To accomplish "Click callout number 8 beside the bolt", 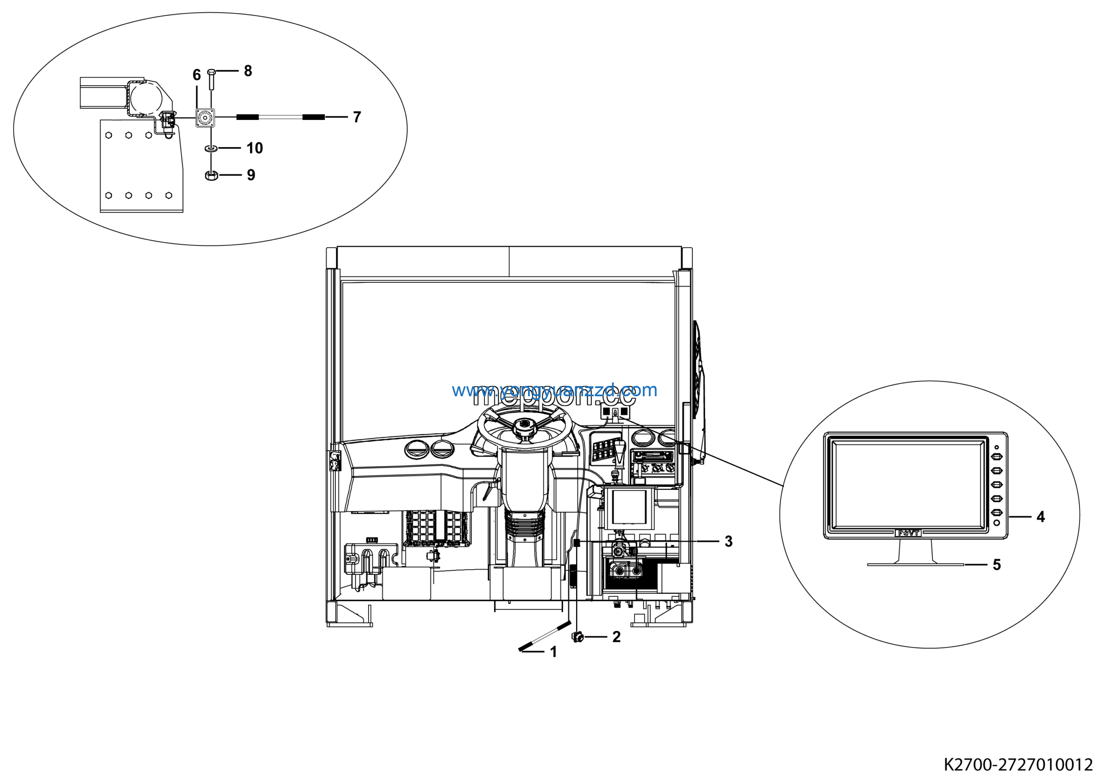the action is pyautogui.click(x=248, y=71).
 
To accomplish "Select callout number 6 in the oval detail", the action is pyautogui.click(x=197, y=75).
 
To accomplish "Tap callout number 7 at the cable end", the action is pyautogui.click(x=357, y=117).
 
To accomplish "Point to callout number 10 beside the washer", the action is pyautogui.click(x=255, y=148).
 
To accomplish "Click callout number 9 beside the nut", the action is pyautogui.click(x=251, y=175).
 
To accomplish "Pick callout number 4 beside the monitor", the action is pyautogui.click(x=1041, y=517).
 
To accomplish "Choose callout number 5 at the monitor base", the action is pyautogui.click(x=997, y=565).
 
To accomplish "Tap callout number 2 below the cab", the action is pyautogui.click(x=616, y=637).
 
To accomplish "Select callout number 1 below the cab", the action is pyautogui.click(x=554, y=652).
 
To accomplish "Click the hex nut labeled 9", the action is pyautogui.click(x=211, y=175).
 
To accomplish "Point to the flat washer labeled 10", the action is pyautogui.click(x=211, y=148).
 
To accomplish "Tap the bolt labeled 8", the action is pyautogui.click(x=211, y=79).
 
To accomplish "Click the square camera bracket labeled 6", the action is pyautogui.click(x=205, y=117).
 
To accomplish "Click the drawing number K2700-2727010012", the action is pyautogui.click(x=1018, y=765).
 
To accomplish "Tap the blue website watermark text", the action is pyautogui.click(x=554, y=390).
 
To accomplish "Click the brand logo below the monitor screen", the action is pyautogui.click(x=908, y=534).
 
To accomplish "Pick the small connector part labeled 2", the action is pyautogui.click(x=578, y=637).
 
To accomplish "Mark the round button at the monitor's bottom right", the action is pyautogui.click(x=996, y=523).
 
